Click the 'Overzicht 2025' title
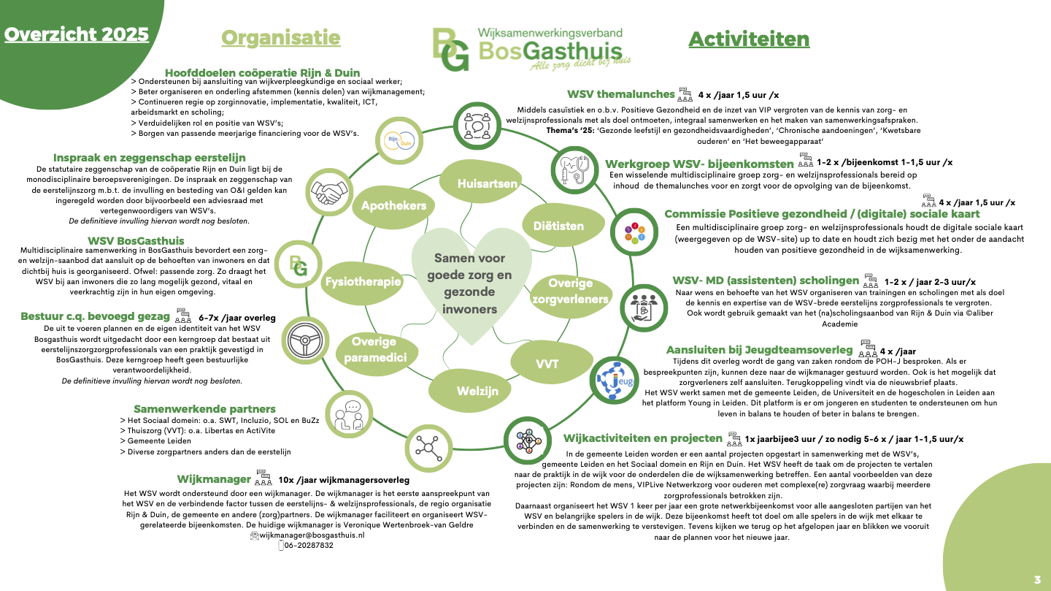(77, 34)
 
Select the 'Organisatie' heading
(280, 38)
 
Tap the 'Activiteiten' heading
(749, 39)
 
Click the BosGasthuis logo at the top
(530, 49)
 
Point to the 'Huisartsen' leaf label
(487, 184)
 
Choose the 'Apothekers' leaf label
(394, 206)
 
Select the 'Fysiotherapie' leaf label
(363, 281)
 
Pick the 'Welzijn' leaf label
(477, 391)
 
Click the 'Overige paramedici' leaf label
(374, 349)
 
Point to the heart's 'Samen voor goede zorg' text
(469, 283)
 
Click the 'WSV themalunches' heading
(620, 94)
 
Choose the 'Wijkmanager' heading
(214, 479)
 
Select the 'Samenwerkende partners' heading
(204, 409)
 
